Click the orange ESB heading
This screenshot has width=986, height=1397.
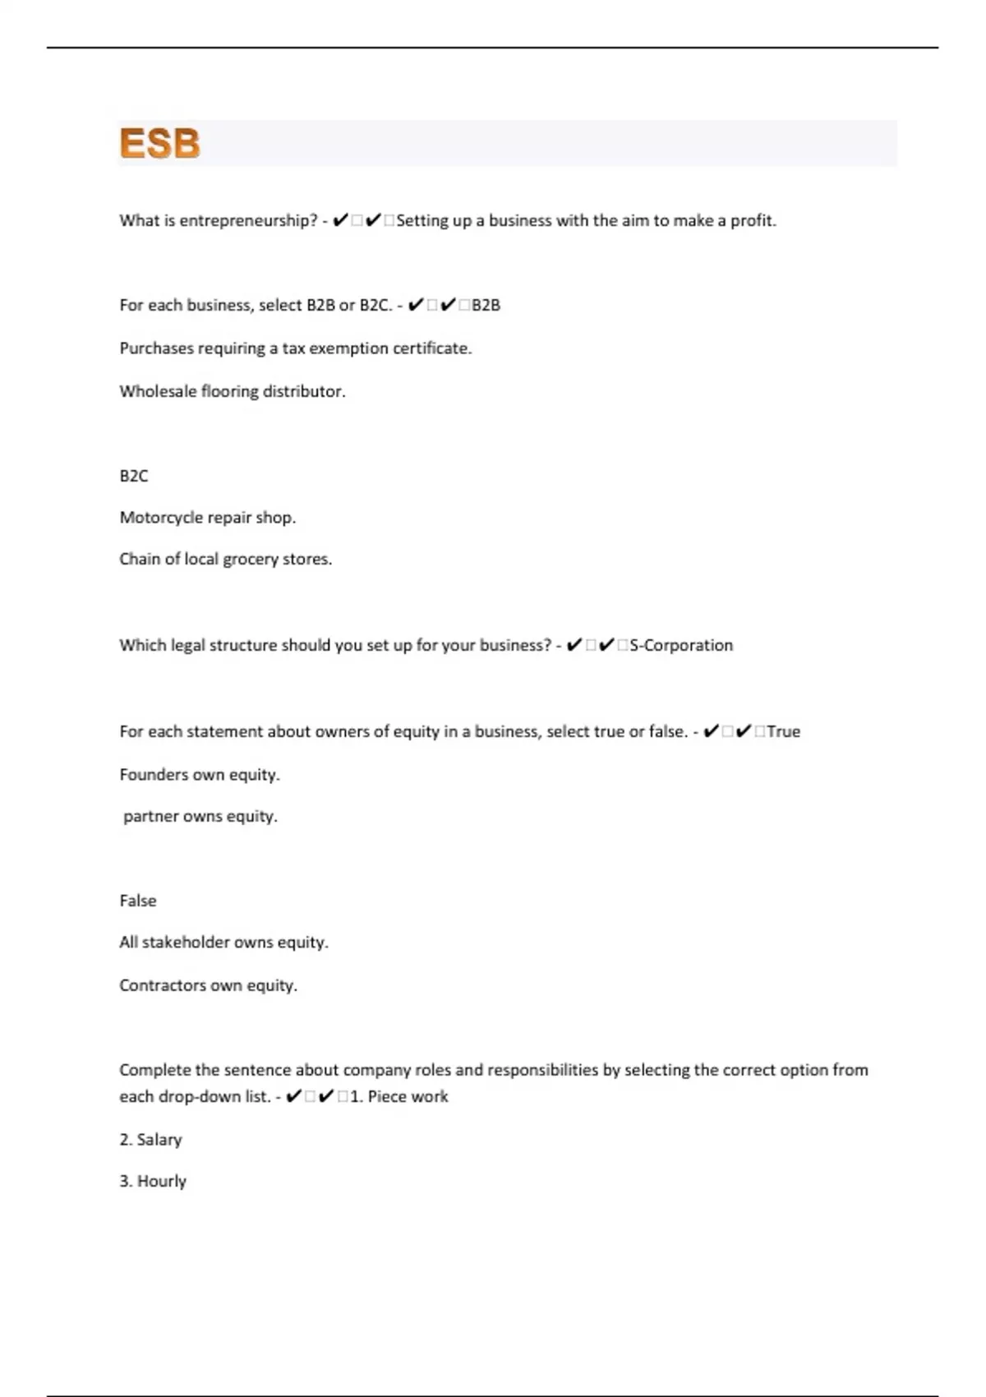[159, 143]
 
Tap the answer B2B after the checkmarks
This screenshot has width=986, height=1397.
[486, 305]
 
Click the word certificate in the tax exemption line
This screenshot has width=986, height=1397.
[431, 348]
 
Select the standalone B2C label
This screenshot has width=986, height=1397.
[134, 476]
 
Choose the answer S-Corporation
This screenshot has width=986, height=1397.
[681, 645]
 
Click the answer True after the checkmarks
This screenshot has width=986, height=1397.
[783, 731]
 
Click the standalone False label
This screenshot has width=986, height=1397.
[138, 901]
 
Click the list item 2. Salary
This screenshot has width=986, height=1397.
[150, 1139]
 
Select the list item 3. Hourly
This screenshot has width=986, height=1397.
[153, 1181]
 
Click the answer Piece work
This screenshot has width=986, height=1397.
[408, 1096]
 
